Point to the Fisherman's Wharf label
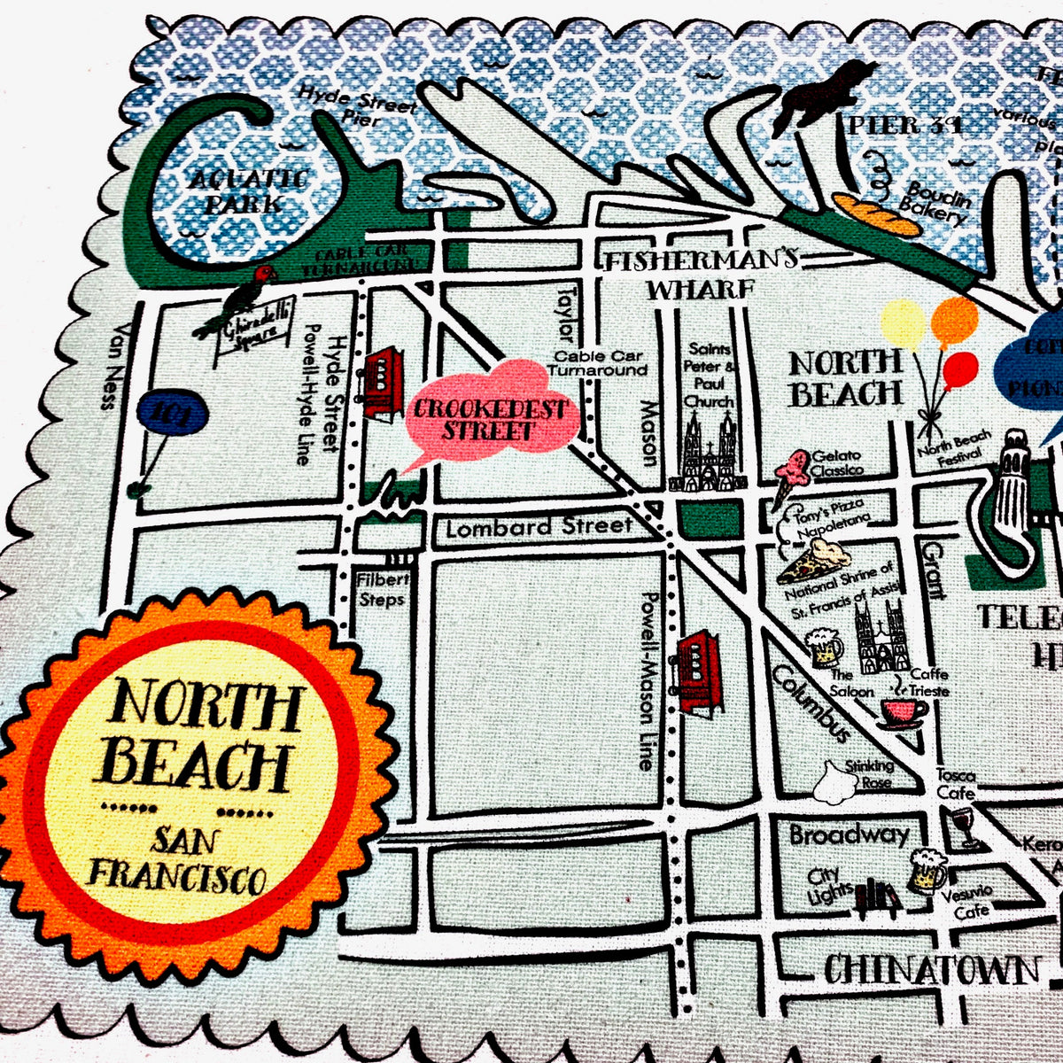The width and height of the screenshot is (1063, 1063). click(700, 275)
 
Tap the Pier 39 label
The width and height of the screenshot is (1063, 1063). click(904, 125)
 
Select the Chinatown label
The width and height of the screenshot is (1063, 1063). click(931, 969)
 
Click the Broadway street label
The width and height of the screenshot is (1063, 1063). click(849, 834)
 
